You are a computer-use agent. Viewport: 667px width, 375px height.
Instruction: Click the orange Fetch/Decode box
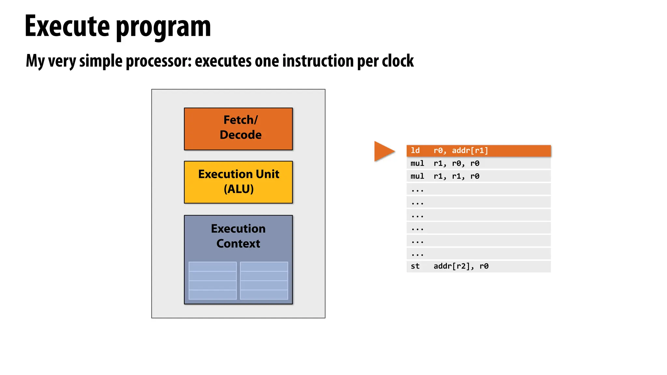click(x=238, y=129)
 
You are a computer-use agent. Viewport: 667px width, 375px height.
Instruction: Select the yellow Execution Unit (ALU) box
click(x=238, y=182)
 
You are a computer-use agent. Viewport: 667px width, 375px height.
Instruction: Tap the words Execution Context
click(x=238, y=236)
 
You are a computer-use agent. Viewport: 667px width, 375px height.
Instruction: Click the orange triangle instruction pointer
click(x=383, y=151)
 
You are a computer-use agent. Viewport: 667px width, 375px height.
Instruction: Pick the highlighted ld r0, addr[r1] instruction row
click(x=478, y=151)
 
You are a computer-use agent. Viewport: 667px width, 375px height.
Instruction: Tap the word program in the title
click(x=163, y=28)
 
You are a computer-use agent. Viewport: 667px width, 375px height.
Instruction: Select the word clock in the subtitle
click(x=398, y=61)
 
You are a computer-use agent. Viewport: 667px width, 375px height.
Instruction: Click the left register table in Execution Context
click(x=212, y=281)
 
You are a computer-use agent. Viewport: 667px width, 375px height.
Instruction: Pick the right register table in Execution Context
click(x=264, y=281)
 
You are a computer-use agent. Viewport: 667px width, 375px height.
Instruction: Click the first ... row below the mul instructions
click(x=478, y=189)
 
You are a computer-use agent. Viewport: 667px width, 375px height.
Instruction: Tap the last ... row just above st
click(x=478, y=254)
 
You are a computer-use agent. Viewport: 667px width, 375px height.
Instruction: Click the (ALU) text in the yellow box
click(x=238, y=189)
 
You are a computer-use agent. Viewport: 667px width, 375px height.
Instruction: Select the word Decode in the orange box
click(x=240, y=135)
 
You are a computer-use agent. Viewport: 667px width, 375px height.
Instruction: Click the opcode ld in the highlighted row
click(x=415, y=151)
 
